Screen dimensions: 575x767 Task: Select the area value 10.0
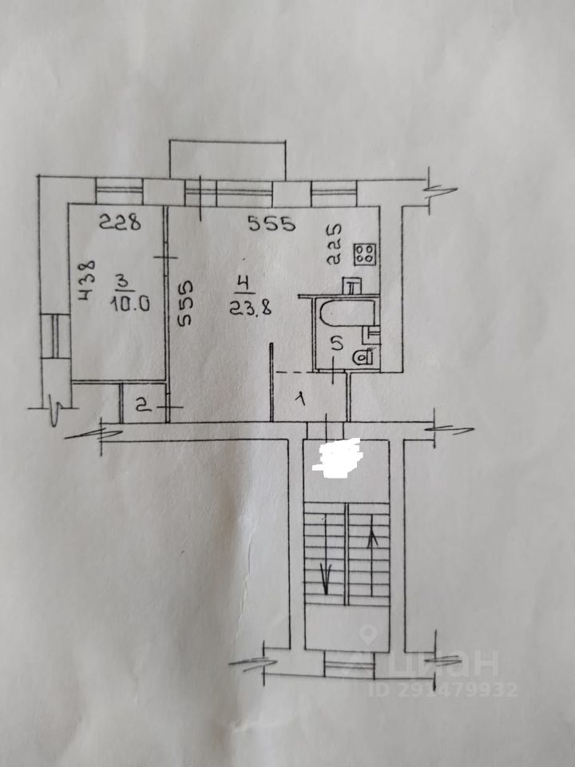[x=124, y=304]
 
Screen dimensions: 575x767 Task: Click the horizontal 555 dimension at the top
[x=272, y=225]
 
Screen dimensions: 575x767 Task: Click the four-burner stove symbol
[x=366, y=254]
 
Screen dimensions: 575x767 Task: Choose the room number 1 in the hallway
[x=302, y=396]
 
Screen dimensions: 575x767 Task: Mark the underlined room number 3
[x=122, y=281]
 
